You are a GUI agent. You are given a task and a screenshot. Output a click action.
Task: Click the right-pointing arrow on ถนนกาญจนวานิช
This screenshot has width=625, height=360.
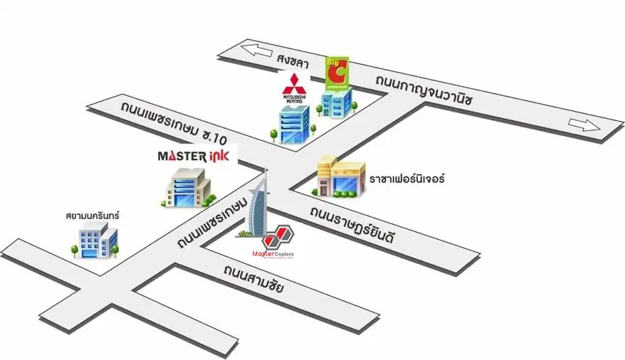584,127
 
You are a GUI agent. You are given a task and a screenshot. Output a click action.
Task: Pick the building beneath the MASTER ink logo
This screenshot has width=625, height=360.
187,188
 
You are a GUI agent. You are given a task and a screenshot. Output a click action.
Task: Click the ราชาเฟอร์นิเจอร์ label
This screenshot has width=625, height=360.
406,179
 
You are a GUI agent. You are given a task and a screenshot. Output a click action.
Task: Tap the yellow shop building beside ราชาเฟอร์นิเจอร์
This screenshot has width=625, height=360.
341,177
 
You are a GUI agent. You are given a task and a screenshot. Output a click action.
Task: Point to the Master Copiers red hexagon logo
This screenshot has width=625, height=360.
277,237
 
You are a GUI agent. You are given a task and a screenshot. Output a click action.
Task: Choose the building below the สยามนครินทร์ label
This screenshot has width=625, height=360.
95,240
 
